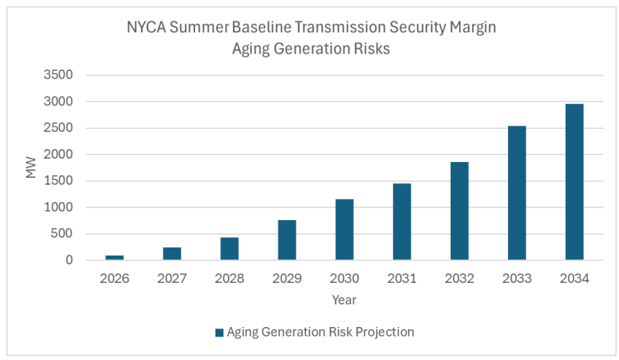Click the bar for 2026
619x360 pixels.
point(114,257)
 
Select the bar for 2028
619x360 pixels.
point(229,248)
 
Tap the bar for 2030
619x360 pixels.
point(345,230)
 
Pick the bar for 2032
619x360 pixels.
point(459,211)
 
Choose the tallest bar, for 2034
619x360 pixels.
point(574,182)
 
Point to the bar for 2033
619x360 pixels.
point(517,193)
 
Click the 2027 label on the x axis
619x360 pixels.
point(171,278)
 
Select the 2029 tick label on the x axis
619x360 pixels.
point(286,278)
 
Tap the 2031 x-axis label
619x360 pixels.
point(402,278)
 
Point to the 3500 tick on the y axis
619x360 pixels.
point(57,75)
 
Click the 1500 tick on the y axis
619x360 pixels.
point(57,181)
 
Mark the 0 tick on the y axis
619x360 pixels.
point(68,260)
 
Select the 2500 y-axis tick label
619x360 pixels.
point(57,128)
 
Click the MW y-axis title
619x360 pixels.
point(31,167)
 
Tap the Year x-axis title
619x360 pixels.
point(344,299)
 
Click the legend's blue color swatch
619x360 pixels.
point(219,332)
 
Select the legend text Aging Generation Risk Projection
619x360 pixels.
point(320,332)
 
